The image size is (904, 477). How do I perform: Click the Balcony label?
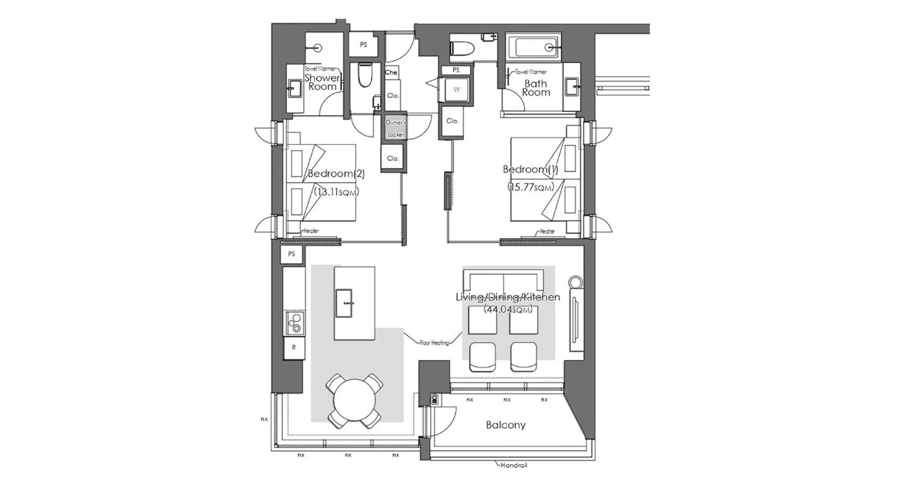click(505, 425)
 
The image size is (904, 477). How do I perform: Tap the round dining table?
click(354, 400)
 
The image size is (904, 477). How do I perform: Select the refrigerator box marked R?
click(294, 348)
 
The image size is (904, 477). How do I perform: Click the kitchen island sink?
click(344, 303)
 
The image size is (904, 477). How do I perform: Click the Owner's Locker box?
click(395, 128)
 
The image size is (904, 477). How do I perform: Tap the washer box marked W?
click(456, 90)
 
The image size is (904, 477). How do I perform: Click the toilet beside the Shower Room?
click(365, 75)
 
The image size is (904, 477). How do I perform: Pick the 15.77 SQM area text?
click(530, 187)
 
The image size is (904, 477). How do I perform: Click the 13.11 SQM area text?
click(336, 192)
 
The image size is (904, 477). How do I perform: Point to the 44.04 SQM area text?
click(508, 309)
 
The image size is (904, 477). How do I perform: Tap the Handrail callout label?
click(513, 465)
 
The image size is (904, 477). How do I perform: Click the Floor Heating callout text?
click(434, 343)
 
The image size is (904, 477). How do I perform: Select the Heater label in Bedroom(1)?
click(547, 231)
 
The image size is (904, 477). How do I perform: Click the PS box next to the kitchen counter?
click(291, 254)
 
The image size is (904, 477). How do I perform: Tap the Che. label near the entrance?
click(391, 72)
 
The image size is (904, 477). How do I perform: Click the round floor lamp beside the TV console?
click(576, 282)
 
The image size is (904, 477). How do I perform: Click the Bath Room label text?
click(536, 88)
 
